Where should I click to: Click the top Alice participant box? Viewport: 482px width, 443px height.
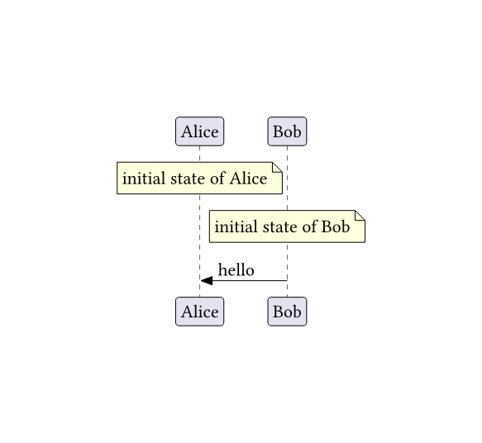point(199,131)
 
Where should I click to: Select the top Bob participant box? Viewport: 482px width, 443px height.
point(287,131)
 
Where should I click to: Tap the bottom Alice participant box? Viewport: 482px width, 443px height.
point(199,312)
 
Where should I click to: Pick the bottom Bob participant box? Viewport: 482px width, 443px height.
point(287,312)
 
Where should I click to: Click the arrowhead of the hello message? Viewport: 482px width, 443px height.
point(206,280)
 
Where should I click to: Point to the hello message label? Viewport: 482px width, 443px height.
point(236,270)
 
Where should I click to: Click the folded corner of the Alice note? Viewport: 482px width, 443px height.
point(277,167)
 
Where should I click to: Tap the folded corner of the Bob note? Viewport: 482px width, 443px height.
point(360,216)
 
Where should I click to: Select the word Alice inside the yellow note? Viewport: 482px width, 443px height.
point(248,179)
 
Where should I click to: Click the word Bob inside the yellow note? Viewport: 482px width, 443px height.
point(336,226)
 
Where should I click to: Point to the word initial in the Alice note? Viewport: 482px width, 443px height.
point(144,179)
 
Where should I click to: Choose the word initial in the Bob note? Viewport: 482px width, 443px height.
point(236,226)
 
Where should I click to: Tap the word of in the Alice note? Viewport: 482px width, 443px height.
point(216,179)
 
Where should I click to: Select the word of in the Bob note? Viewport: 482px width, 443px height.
point(308,226)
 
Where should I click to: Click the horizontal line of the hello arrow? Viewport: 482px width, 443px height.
point(250,280)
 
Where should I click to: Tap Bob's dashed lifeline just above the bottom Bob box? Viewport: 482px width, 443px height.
point(287,288)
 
